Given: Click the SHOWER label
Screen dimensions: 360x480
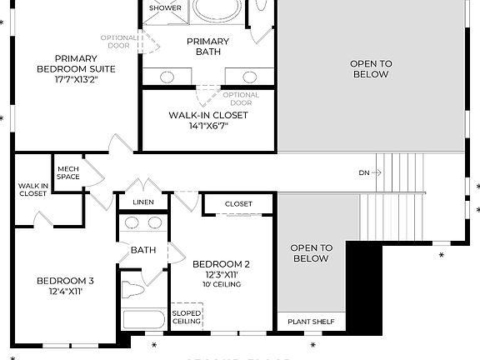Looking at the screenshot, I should (x=165, y=8).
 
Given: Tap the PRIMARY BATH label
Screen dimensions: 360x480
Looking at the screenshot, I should (x=207, y=47).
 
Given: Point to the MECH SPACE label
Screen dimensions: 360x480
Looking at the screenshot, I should (x=68, y=172).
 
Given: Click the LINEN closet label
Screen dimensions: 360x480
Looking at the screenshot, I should (x=143, y=202).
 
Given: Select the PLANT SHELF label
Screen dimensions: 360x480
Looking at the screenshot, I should (x=311, y=322).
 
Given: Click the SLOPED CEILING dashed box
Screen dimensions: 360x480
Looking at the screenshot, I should (x=187, y=317).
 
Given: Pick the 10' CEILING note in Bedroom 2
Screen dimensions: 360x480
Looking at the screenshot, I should (x=222, y=284).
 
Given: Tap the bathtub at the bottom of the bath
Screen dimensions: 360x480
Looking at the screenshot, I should (x=144, y=320).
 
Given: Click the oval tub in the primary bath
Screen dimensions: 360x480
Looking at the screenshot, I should (x=217, y=8).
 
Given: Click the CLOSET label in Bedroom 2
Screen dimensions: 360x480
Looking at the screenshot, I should (x=238, y=203).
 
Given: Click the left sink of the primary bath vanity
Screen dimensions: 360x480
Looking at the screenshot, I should (x=167, y=77).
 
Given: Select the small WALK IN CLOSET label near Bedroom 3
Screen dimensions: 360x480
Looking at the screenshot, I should (x=33, y=189).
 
